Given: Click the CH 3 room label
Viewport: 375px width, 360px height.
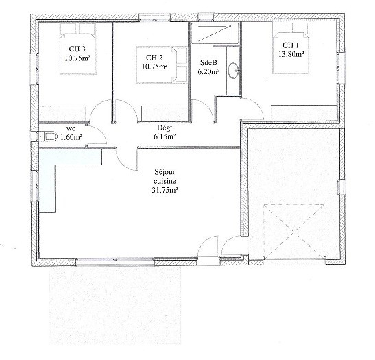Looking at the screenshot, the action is [x=77, y=49].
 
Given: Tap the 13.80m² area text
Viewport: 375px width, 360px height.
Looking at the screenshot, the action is [x=291, y=54].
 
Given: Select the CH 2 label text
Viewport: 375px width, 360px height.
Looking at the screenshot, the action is [x=154, y=58].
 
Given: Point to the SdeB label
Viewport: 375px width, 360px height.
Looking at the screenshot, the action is [x=208, y=62].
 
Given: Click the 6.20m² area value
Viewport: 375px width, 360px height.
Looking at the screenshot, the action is [x=209, y=71].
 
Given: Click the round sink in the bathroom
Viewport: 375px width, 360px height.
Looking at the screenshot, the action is [x=233, y=71].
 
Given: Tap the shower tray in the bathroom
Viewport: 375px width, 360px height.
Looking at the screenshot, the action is [x=215, y=33].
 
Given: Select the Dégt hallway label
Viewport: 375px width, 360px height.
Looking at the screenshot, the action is [x=165, y=128].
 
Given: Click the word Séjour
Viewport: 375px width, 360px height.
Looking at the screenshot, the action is [x=165, y=172].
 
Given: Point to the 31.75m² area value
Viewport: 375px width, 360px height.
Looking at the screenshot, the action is [x=165, y=190].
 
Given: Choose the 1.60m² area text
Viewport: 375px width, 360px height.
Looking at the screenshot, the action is [x=71, y=137].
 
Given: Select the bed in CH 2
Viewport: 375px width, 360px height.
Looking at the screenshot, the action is [x=162, y=65].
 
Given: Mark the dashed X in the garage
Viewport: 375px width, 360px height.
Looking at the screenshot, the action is [x=294, y=232].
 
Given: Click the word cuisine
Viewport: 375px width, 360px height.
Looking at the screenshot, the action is [x=165, y=181].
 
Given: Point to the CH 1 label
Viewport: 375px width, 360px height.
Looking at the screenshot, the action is [x=291, y=45].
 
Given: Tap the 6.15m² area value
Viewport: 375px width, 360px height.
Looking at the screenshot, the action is [x=165, y=136].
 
